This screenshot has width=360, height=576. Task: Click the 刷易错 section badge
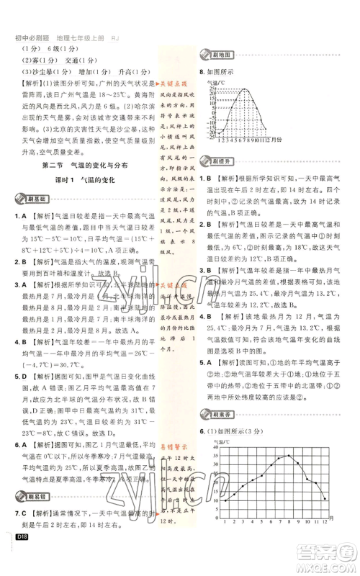[x=28, y=518]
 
